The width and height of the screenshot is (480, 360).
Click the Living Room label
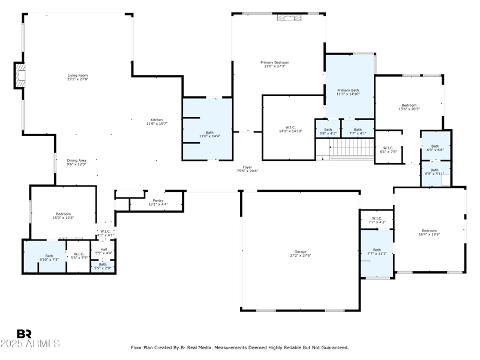pyautogui.click(x=77, y=77)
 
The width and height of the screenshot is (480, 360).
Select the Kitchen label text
pyautogui.click(x=157, y=121)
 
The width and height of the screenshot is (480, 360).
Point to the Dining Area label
pyautogui.click(x=76, y=162)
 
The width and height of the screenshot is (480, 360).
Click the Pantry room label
pyautogui.click(x=158, y=202)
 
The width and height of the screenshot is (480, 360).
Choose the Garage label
pyautogui.click(x=300, y=253)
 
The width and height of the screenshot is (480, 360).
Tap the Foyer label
pyautogui.click(x=247, y=169)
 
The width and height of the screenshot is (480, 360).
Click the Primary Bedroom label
pyautogui.click(x=275, y=64)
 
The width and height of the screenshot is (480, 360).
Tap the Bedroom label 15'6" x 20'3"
pyautogui.click(x=409, y=107)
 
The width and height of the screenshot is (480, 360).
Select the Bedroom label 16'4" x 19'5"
pyautogui.click(x=429, y=232)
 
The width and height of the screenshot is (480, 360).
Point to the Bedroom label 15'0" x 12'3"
pyautogui.click(x=64, y=215)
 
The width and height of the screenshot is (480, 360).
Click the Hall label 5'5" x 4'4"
pyautogui.click(x=103, y=251)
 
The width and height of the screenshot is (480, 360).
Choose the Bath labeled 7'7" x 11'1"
pyautogui.click(x=377, y=251)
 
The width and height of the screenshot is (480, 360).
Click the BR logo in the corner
pyautogui.click(x=25, y=334)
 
